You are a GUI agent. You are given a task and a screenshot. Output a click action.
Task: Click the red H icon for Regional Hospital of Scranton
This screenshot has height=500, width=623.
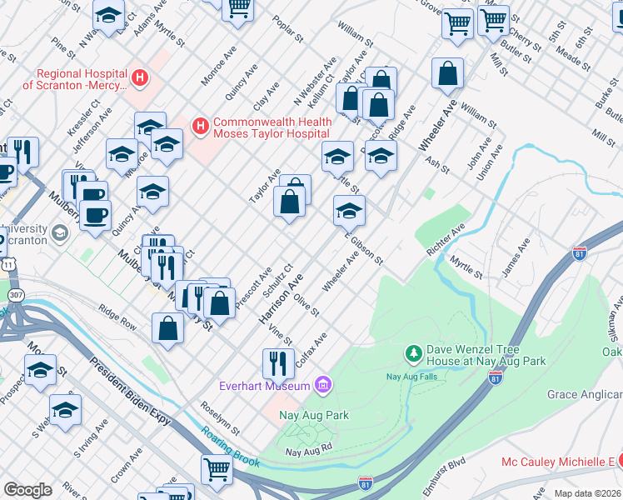coord(140,79)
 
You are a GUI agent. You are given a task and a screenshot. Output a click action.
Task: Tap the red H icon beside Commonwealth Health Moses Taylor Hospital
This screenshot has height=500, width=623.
coord(200,126)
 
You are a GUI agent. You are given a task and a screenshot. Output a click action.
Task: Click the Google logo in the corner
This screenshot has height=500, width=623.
coord(27,489)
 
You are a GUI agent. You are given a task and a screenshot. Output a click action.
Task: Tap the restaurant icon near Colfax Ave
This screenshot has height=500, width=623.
coord(277,362)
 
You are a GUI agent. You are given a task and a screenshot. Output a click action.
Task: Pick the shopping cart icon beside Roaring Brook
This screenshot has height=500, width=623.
coord(217,468)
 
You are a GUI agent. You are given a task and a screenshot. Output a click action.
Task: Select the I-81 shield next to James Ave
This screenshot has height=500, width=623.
coord(579,251)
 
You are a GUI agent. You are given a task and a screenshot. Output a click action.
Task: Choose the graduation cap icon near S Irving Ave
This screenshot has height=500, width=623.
coord(65,409)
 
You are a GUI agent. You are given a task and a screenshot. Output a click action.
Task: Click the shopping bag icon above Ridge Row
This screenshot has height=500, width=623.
coord(168,327)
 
